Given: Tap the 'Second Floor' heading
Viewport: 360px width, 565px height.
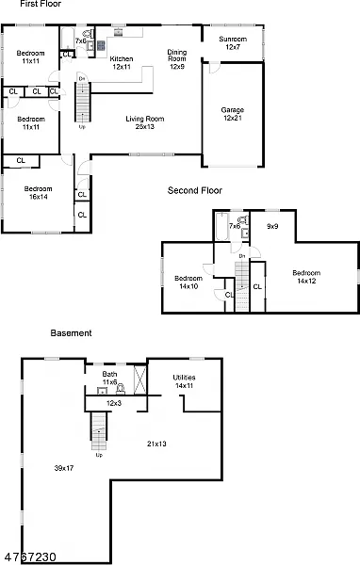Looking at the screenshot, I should point(194,190).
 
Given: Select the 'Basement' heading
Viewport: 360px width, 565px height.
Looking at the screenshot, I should point(71,332).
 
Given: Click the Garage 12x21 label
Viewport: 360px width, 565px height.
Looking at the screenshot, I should point(233,114).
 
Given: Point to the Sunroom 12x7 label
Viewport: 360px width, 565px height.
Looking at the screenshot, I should point(233,43).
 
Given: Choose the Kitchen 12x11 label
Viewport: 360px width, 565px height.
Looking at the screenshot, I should point(122,63).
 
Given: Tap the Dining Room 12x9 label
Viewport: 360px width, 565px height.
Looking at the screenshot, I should point(176,59).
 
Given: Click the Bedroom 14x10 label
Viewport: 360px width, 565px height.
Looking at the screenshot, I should point(189,282).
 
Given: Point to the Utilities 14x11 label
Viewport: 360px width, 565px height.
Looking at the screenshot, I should point(183,381).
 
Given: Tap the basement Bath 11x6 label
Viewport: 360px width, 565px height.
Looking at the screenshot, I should point(110,379).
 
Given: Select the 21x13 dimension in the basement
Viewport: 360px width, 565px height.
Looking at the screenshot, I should point(156,443).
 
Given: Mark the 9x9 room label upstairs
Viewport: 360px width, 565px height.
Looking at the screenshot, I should point(272,226).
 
